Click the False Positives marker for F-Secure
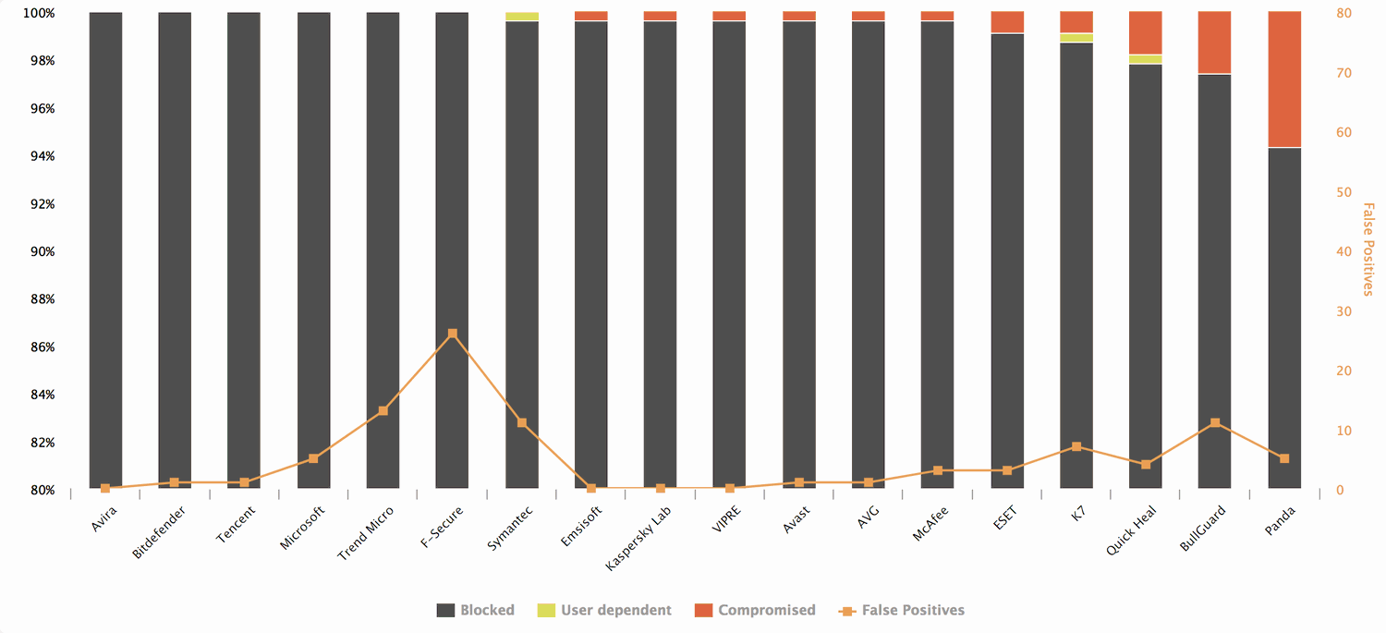pyautogui.click(x=452, y=334)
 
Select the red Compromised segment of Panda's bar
pyautogui.click(x=1283, y=79)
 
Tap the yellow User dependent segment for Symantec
pyautogui.click(x=522, y=17)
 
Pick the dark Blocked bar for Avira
pyautogui.click(x=105, y=250)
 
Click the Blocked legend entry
pyautogui.click(x=475, y=610)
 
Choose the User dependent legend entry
pyautogui.click(x=604, y=610)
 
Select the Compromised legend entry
pyautogui.click(x=755, y=610)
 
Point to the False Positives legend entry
pyautogui.click(x=901, y=610)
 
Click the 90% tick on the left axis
pyautogui.click(x=43, y=252)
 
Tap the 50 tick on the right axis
pyautogui.click(x=1343, y=192)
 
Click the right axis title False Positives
pyautogui.click(x=1369, y=250)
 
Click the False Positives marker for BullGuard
pyautogui.click(x=1215, y=423)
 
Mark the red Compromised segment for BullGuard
pyautogui.click(x=1215, y=43)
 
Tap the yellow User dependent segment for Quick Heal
pyautogui.click(x=1146, y=59)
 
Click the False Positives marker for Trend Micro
pyautogui.click(x=383, y=410)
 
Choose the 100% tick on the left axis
pyautogui.click(x=40, y=14)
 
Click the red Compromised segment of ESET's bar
pyautogui.click(x=1007, y=22)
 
